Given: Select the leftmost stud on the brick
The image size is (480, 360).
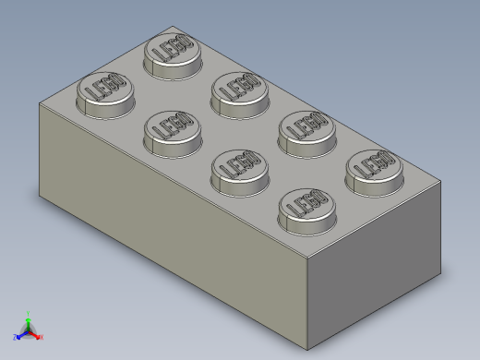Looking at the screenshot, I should coord(103,93).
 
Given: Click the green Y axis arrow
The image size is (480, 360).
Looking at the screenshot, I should coord(29,315).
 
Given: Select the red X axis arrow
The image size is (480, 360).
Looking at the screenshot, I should coord(40,337).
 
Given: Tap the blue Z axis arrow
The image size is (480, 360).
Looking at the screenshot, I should coord(18,337).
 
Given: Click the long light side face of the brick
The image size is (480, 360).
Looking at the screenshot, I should coord(166,222).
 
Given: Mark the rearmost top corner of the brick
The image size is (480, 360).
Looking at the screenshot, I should coord(172,27).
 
